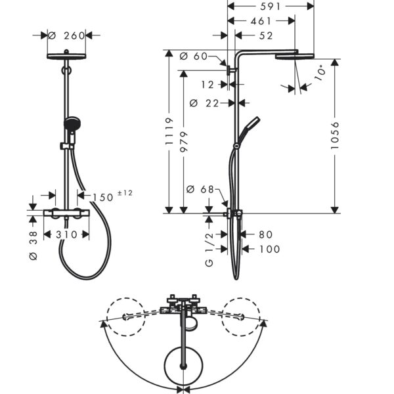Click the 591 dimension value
coord(270,7)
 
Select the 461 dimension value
coord(261,21)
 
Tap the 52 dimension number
coord(266,35)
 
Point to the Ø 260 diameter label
coord(66,35)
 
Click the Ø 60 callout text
coord(194,56)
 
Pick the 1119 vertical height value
coord(169,131)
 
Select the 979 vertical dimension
coord(184,141)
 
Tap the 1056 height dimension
coord(335,136)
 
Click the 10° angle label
coord(320,72)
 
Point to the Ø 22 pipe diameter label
coord(204,103)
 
